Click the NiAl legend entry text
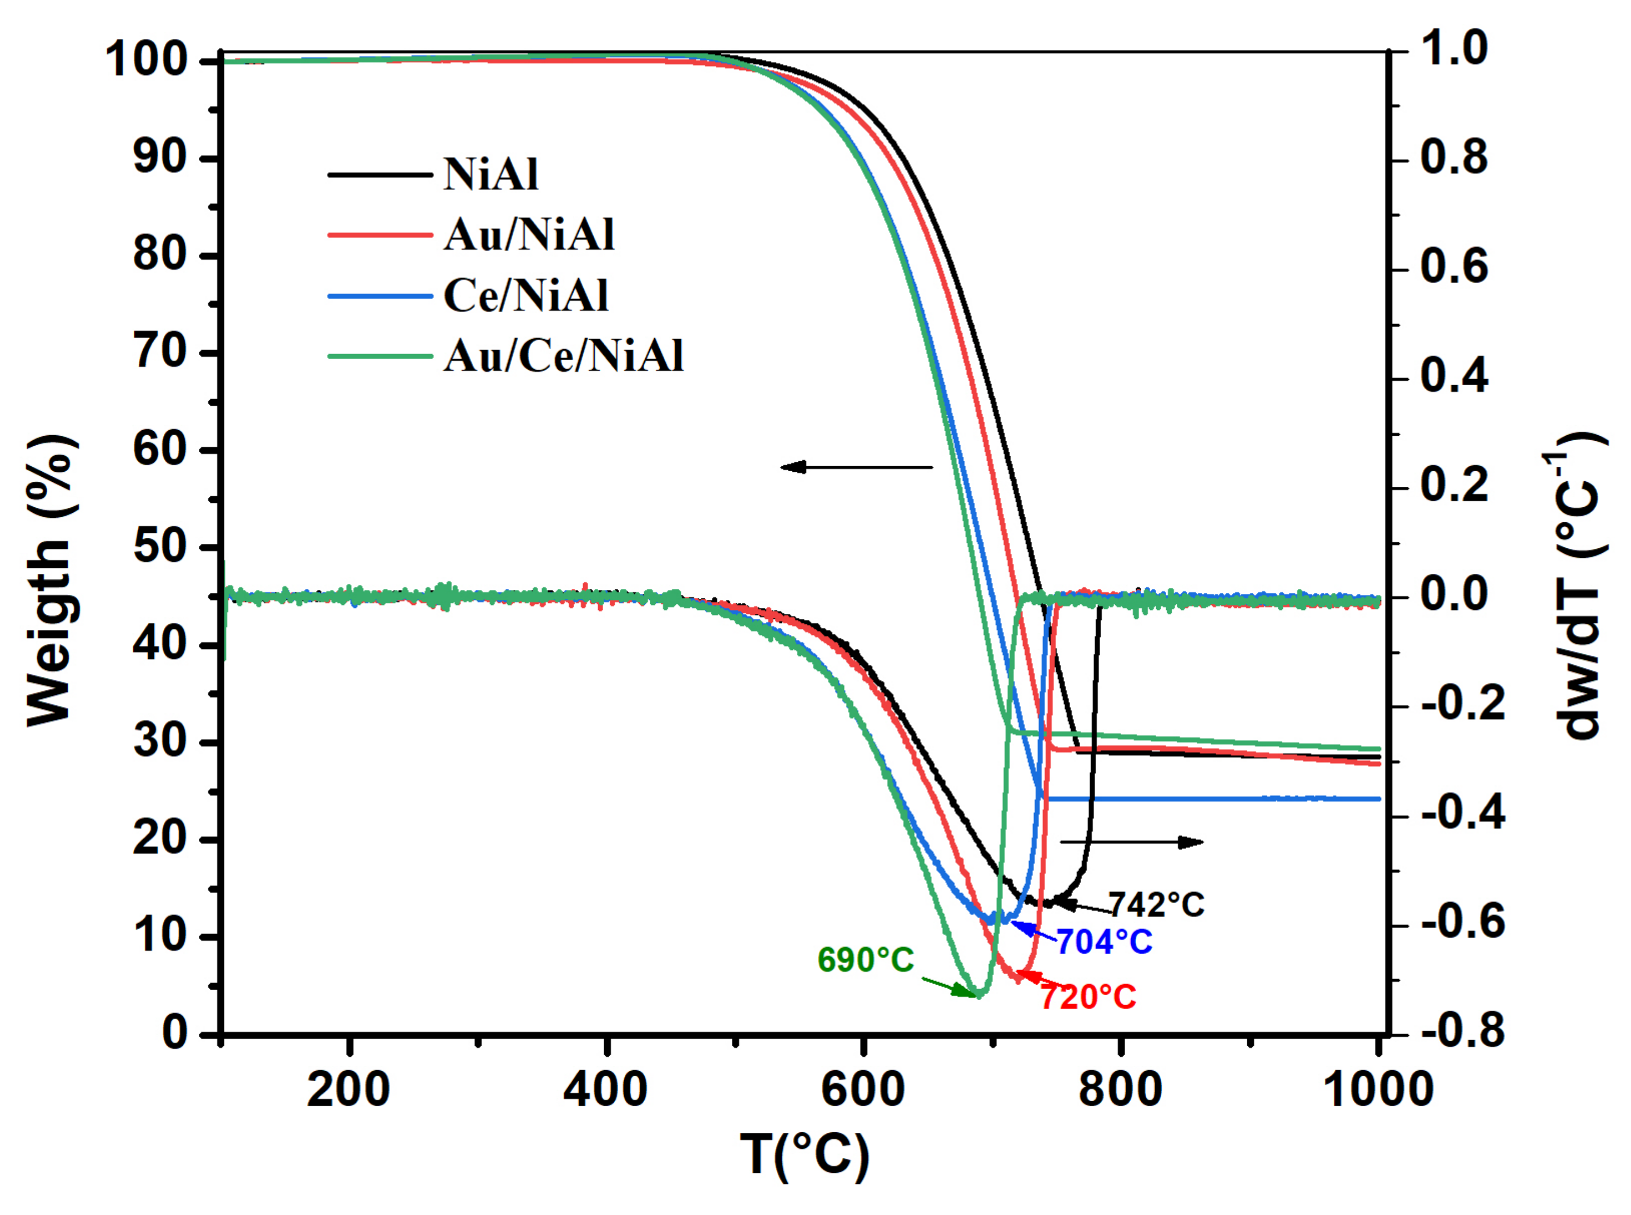point(491,175)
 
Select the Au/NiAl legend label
point(528,235)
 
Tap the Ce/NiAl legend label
point(525,296)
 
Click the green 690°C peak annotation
point(865,960)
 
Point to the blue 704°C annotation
point(1103,942)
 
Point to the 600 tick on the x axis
point(862,1090)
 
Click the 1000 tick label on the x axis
point(1377,1090)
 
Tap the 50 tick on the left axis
point(159,547)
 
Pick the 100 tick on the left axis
point(147,61)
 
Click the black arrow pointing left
point(856,467)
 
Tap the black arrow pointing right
point(1131,842)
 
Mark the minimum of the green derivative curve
point(978,994)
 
